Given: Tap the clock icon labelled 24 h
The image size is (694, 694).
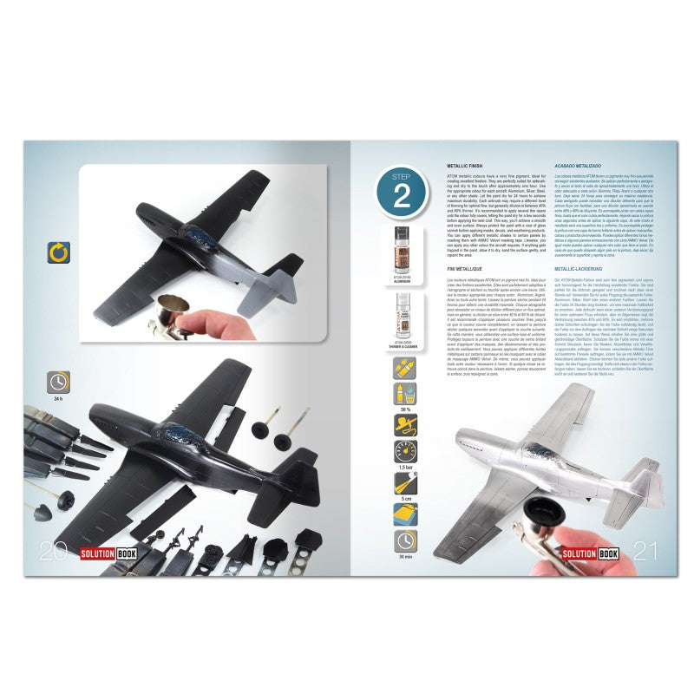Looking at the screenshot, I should click(x=59, y=382).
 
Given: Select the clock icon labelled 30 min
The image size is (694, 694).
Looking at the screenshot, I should click(x=401, y=540).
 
